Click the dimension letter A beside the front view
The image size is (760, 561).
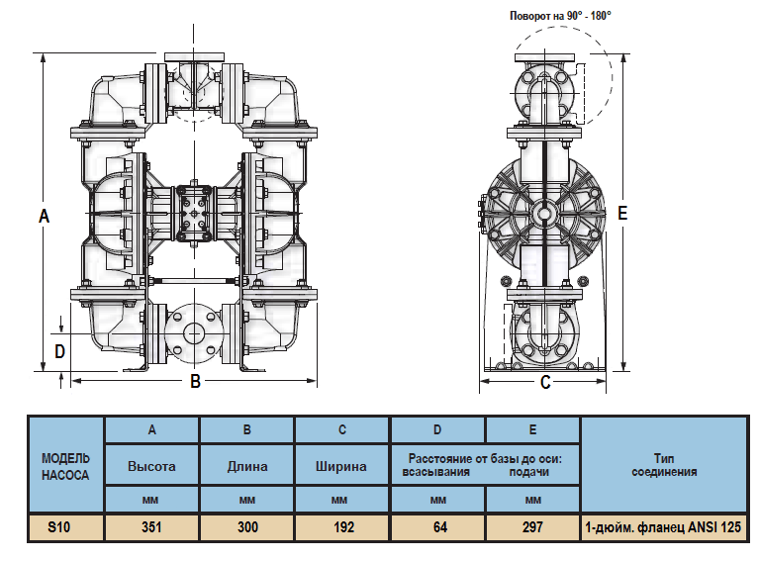coord(44,216)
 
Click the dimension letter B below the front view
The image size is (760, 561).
coord(196,381)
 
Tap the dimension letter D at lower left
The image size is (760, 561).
coord(59,350)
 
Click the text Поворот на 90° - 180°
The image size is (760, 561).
coord(560,15)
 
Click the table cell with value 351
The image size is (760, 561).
coord(151,527)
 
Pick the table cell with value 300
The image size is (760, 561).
coord(247,527)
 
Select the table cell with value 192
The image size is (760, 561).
coord(343,527)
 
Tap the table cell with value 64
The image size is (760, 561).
coord(439,527)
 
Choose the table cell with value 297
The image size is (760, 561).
coord(532,527)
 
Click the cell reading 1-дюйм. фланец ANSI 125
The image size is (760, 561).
coord(662,527)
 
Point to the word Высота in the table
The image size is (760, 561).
coord(151,466)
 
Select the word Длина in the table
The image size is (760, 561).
coord(247,466)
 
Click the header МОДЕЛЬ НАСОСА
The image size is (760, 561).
coord(65,466)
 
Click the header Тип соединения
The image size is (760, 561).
coord(662,466)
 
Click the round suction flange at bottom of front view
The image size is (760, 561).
coord(194,333)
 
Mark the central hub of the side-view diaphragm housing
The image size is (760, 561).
coord(544,212)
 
